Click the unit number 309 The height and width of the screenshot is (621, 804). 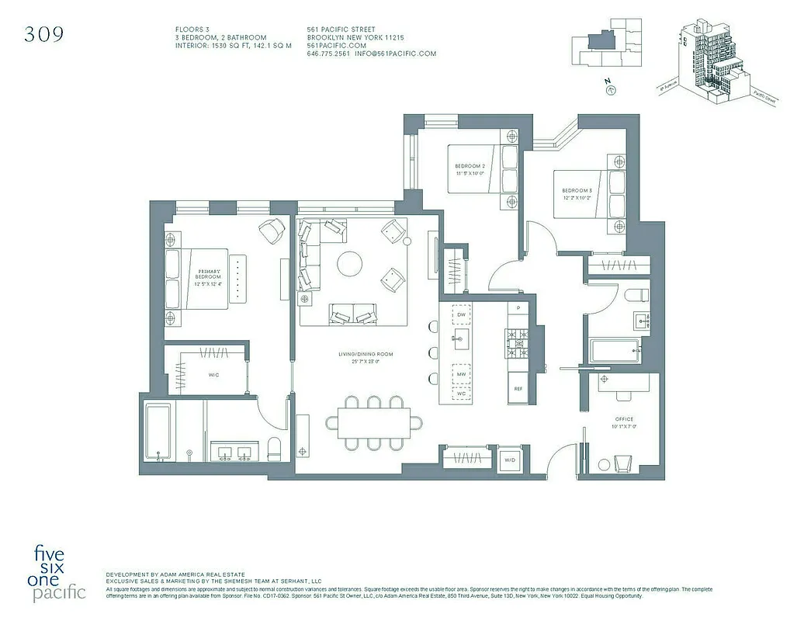pyautogui.click(x=43, y=34)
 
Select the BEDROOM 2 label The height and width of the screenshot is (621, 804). pyautogui.click(x=470, y=169)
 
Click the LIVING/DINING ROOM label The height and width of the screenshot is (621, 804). pyautogui.click(x=365, y=358)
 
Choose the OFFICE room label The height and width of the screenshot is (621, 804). pyautogui.click(x=624, y=423)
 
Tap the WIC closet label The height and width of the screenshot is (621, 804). pyautogui.click(x=213, y=375)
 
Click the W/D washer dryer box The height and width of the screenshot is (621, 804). pyautogui.click(x=511, y=460)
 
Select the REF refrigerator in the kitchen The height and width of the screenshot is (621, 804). pyautogui.click(x=518, y=388)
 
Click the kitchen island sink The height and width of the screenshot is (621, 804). pyautogui.click(x=461, y=338)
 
